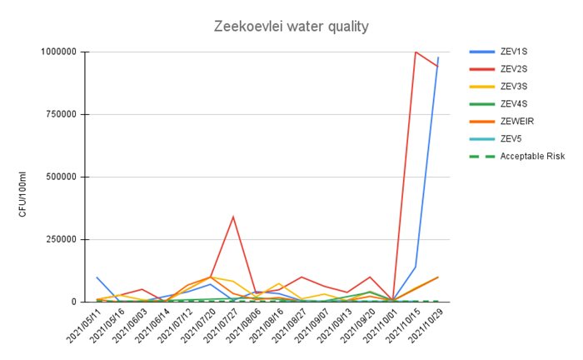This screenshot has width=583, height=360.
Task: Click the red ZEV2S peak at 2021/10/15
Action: (x=415, y=52)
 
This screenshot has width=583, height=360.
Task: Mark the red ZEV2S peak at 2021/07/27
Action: (x=233, y=217)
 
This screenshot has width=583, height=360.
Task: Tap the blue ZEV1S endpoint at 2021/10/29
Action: (x=438, y=57)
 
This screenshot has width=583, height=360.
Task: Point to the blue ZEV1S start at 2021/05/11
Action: (x=97, y=277)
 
